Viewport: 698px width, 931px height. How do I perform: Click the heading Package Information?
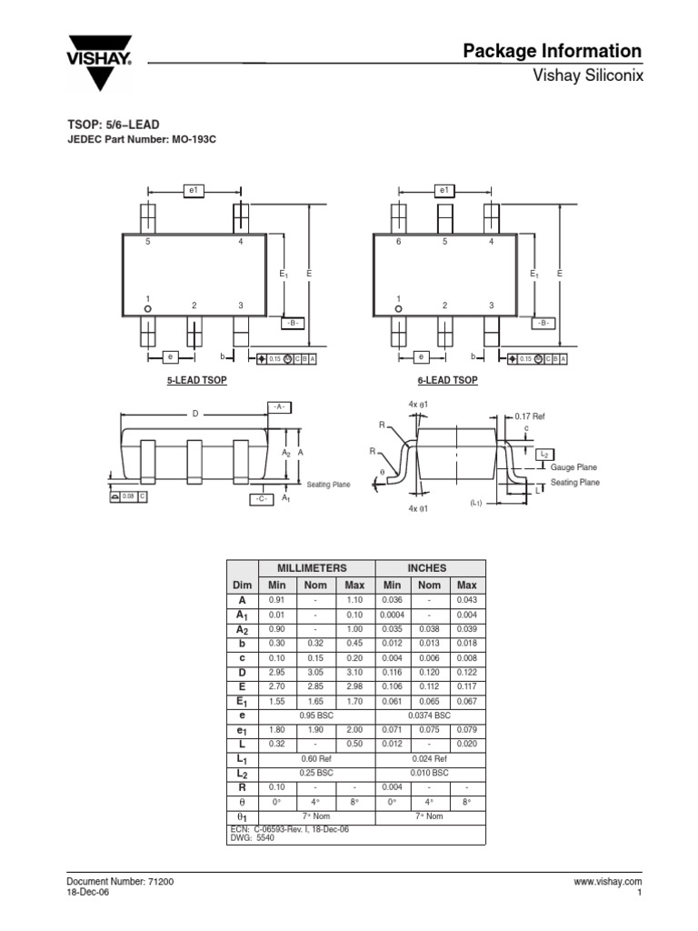coord(552,51)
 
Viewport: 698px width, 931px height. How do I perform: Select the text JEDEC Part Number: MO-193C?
coord(142,139)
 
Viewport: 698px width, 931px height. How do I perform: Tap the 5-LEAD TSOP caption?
coord(196,380)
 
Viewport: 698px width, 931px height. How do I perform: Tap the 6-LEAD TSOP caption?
coord(447,380)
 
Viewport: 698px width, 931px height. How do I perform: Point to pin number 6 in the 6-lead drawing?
coord(398,242)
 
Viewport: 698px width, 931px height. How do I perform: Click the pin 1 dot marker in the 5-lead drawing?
coord(148,310)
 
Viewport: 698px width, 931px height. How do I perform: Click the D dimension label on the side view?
coord(194,414)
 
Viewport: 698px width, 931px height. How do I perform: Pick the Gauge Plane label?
coord(573,466)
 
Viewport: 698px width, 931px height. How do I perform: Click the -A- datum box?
coord(278,406)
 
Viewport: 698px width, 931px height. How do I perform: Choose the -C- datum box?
coord(262,498)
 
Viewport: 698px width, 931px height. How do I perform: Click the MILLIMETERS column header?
coord(316,567)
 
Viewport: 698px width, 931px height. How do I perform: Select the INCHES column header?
coord(430,567)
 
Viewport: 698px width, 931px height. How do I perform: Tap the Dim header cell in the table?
coord(242,585)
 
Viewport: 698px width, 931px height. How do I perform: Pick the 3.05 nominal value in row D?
coord(316,673)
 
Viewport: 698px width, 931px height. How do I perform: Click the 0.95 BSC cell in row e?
coord(316,716)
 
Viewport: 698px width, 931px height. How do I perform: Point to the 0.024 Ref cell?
coord(430,758)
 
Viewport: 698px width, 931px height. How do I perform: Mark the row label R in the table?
coord(242,787)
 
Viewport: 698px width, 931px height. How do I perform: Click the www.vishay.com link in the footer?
coord(608,882)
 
